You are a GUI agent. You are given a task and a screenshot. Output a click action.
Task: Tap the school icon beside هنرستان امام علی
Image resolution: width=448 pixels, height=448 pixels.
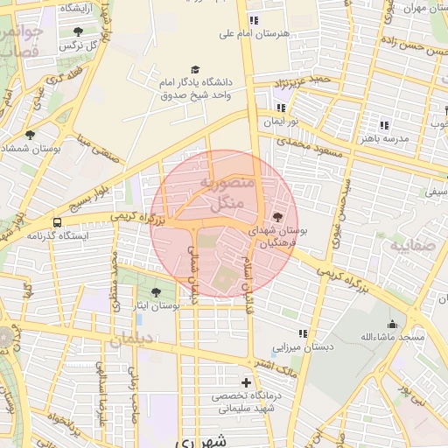pos(253,20)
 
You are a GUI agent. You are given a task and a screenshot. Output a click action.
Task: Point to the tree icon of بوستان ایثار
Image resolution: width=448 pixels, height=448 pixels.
pos(156,291)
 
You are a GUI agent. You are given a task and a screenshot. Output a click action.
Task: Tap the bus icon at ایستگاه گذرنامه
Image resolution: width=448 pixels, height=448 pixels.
pos(57,222)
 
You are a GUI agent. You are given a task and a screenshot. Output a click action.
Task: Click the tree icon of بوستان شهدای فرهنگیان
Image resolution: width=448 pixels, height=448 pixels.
pos(278,215)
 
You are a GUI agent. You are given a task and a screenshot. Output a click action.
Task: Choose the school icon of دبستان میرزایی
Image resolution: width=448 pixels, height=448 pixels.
pos(303,333)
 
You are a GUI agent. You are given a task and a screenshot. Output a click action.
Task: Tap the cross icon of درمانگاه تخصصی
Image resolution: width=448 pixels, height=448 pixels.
pos(246,382)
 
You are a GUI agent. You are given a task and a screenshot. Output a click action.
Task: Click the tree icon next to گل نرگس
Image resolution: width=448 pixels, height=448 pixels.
pos(78,31)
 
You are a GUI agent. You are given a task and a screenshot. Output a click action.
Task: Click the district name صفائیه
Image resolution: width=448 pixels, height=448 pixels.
pos(411,247)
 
